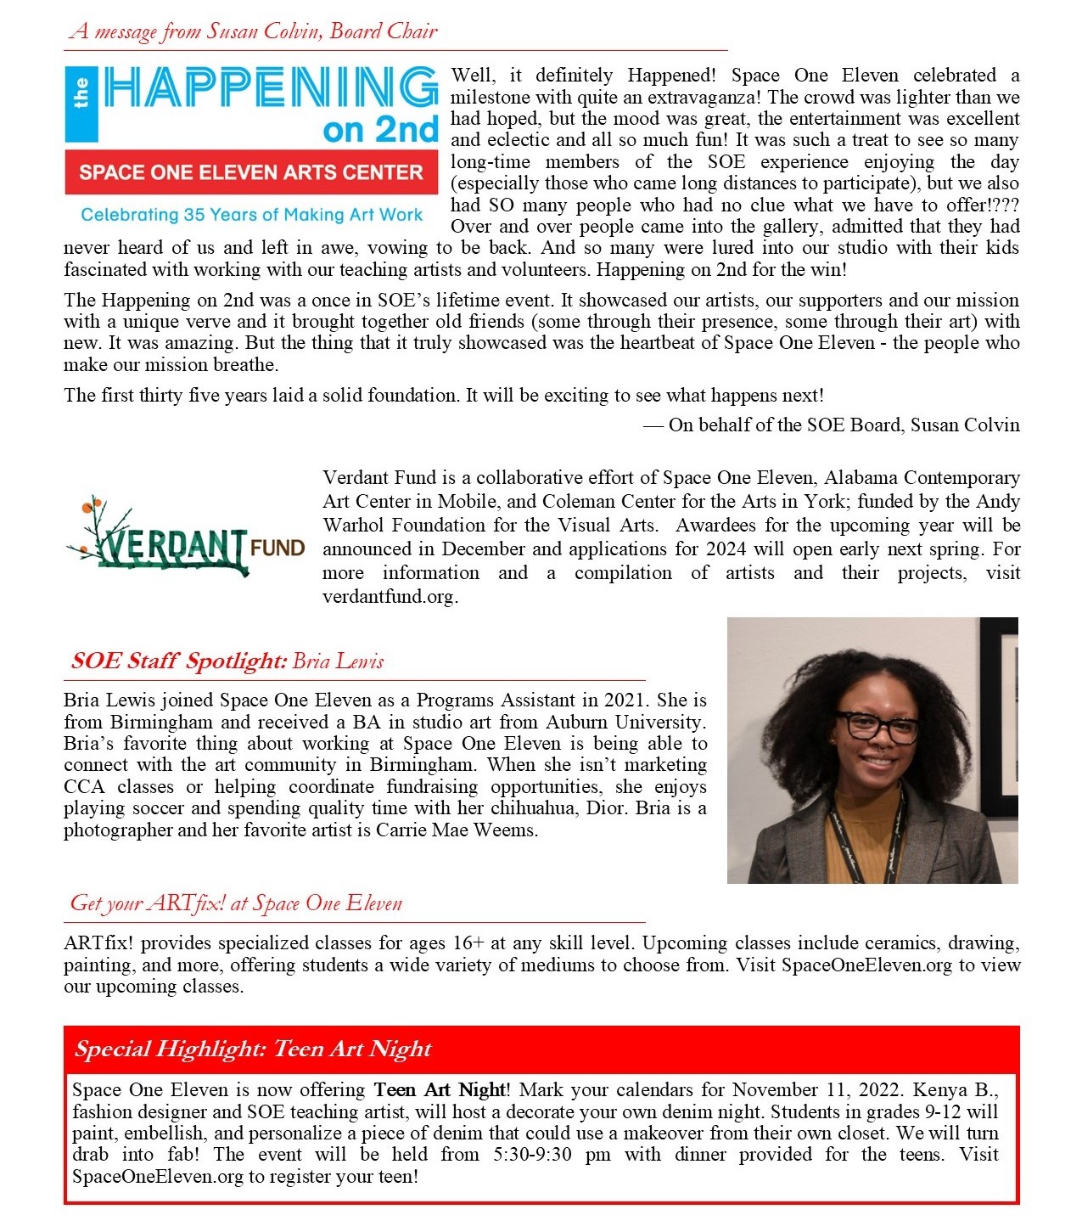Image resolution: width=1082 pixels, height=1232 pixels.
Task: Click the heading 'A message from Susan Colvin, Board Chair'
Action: click(x=254, y=31)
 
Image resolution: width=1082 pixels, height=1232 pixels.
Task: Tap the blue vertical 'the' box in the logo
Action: click(x=81, y=104)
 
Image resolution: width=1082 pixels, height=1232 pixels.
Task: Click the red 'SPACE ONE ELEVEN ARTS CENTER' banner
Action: click(x=251, y=172)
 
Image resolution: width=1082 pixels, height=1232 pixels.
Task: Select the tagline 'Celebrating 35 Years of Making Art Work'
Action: click(x=251, y=215)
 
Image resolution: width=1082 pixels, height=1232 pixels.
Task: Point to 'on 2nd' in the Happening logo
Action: click(x=380, y=130)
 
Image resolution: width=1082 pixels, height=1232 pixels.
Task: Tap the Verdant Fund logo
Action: click(x=185, y=537)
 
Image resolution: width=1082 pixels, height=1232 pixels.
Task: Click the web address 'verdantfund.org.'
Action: click(x=390, y=596)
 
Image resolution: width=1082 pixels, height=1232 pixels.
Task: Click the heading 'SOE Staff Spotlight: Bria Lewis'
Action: click(x=227, y=661)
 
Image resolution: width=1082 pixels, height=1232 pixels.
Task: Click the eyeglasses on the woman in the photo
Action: click(x=877, y=726)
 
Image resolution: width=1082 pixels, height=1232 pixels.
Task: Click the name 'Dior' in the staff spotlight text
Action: click(x=606, y=807)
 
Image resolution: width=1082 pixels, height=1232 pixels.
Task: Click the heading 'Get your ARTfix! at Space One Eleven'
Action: click(x=236, y=903)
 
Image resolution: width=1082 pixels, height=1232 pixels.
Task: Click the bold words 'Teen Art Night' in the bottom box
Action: click(x=440, y=1089)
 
